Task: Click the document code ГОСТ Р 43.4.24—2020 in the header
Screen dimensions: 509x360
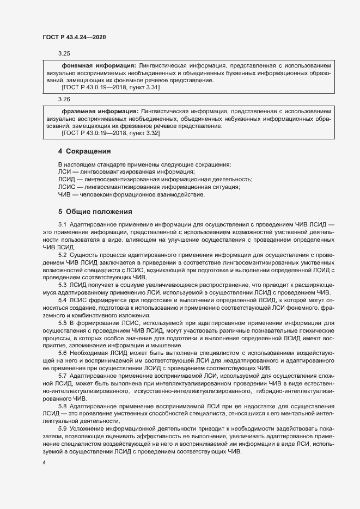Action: (x=74, y=37)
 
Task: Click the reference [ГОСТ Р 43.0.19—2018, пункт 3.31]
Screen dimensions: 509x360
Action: (x=111, y=87)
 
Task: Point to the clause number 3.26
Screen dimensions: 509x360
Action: (x=64, y=99)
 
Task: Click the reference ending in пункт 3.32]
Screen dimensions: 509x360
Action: (x=111, y=133)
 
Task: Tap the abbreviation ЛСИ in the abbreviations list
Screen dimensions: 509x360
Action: (x=64, y=172)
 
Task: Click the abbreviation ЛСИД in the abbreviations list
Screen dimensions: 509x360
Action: (x=66, y=180)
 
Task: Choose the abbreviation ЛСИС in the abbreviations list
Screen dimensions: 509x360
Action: (x=66, y=187)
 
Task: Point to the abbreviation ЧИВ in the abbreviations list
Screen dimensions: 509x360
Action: (x=64, y=195)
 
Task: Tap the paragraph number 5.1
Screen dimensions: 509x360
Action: (x=62, y=225)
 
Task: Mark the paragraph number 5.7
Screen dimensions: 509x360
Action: (x=62, y=376)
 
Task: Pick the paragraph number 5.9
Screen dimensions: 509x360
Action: (x=62, y=430)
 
